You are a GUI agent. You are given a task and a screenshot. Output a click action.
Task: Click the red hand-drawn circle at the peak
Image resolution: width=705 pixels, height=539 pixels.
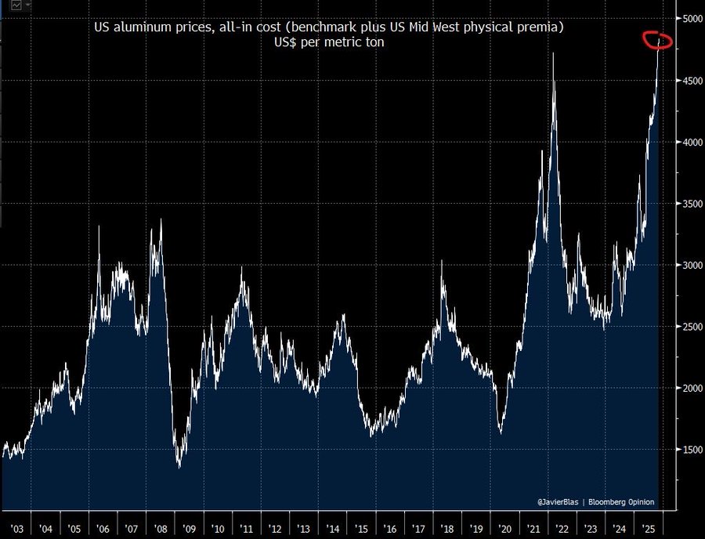click(x=656, y=40)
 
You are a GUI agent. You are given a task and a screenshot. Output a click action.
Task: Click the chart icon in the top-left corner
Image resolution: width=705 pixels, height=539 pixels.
click(x=15, y=5)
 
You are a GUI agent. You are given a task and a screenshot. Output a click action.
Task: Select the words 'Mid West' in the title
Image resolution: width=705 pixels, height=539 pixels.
click(x=429, y=28)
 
